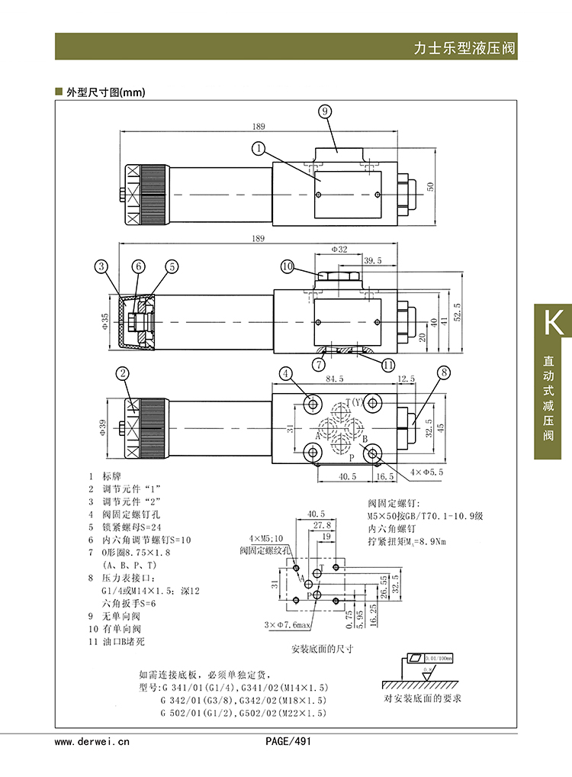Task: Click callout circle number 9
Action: click(x=325, y=111)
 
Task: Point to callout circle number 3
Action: click(x=103, y=266)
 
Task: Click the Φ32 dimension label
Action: click(x=339, y=250)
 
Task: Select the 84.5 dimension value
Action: click(x=336, y=378)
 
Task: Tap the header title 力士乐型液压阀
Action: click(x=464, y=48)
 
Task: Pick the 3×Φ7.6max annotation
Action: click(x=290, y=625)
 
